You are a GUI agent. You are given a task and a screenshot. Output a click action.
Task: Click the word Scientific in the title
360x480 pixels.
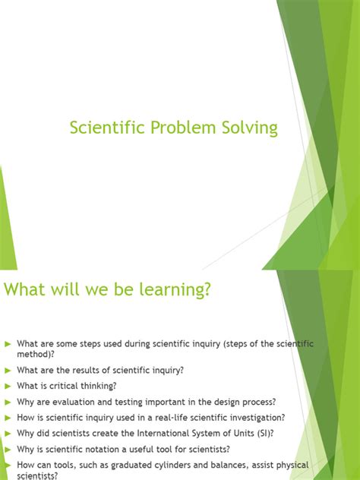(103, 128)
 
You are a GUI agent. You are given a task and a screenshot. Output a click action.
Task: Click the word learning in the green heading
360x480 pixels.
(169, 289)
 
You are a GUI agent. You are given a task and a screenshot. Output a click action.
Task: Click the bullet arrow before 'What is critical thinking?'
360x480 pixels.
(8, 385)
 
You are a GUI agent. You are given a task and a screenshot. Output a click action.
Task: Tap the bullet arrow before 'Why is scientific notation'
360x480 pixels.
(8, 448)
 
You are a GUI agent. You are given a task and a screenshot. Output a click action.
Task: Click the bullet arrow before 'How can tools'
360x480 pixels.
(8, 464)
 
